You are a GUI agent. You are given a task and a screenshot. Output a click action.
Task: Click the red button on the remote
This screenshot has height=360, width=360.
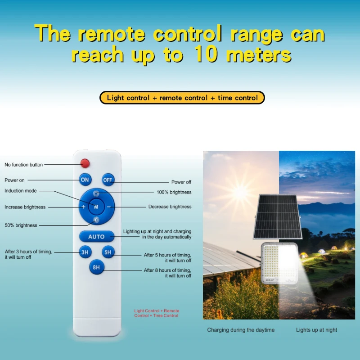pos(85,163)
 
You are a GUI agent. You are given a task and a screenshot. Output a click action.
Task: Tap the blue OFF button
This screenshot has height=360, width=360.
pos(108,180)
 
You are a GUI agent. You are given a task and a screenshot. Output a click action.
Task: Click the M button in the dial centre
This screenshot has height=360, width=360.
pos(96,207)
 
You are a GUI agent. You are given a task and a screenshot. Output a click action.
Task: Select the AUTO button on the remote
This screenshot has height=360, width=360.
pos(96,236)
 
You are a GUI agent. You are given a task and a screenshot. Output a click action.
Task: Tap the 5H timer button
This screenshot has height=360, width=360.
pos(108,252)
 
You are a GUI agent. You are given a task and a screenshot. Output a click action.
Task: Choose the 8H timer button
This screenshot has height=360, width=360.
pos(96,267)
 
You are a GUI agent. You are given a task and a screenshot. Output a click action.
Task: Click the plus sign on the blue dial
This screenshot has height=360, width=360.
pos(83,207)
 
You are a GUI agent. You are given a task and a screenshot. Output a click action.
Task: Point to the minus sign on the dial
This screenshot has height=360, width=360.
pos(109,207)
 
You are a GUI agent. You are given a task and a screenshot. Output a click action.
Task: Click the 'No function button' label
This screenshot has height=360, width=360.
pos(24,165)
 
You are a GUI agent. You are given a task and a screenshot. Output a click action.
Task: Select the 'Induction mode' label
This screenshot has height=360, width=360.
pos(21,191)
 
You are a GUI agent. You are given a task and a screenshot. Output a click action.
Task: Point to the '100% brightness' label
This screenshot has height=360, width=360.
pos(174,192)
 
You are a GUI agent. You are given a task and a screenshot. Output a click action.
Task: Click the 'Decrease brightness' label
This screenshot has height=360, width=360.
pos(170,207)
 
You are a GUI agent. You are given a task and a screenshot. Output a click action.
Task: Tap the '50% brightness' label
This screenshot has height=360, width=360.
pos(21,225)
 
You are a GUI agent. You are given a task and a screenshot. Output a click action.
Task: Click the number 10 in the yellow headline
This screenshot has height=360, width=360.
pos(206,55)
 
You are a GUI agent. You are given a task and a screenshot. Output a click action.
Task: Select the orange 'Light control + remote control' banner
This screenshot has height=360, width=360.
pos(182,98)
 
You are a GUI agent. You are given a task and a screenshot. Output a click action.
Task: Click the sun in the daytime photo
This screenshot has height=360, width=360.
pos(241,193)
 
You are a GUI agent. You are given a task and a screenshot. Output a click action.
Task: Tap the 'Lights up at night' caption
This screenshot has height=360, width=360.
pos(316,330)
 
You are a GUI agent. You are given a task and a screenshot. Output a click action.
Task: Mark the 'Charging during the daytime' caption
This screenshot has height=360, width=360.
pos(241,330)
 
